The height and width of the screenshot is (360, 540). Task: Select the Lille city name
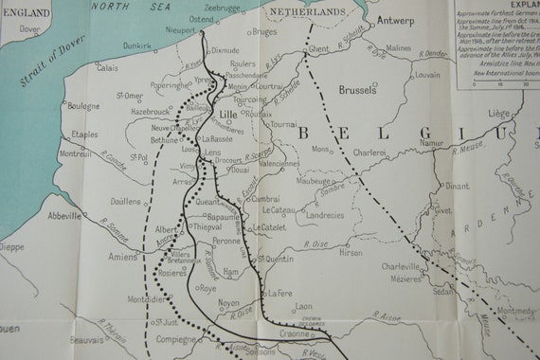(228, 115)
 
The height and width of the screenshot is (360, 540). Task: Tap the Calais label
(106, 68)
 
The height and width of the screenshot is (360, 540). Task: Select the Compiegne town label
(176, 338)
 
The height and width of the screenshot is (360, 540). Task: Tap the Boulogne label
(83, 106)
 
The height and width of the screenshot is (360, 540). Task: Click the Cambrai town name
(265, 199)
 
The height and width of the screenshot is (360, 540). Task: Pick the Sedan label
(441, 293)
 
